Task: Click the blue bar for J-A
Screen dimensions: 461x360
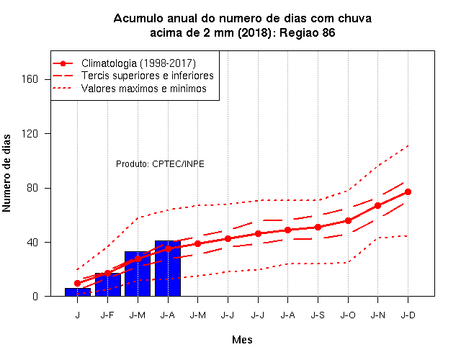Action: [x=168, y=269]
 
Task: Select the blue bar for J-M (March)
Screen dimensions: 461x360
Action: [x=138, y=274]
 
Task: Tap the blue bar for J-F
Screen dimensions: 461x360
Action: [x=107, y=284]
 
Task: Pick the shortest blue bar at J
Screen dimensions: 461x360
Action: [x=78, y=292]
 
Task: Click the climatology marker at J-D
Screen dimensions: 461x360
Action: [x=408, y=192]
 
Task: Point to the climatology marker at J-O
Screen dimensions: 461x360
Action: [x=348, y=221]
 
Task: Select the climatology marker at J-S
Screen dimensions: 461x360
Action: [x=318, y=228]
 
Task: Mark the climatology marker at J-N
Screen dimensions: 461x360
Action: [x=377, y=205]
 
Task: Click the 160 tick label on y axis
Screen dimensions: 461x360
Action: [x=30, y=79]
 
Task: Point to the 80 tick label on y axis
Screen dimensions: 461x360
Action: [x=32, y=187]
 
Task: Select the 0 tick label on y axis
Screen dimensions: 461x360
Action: [x=35, y=296]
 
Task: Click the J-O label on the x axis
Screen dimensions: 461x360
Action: [x=348, y=315]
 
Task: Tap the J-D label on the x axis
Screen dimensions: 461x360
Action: [x=408, y=315]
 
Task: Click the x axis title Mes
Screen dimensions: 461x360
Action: [x=242, y=340]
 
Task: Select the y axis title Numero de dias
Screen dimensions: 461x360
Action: [x=6, y=173]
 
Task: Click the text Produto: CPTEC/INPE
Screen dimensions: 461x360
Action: [x=160, y=163]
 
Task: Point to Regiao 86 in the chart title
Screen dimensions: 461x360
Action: [x=308, y=32]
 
